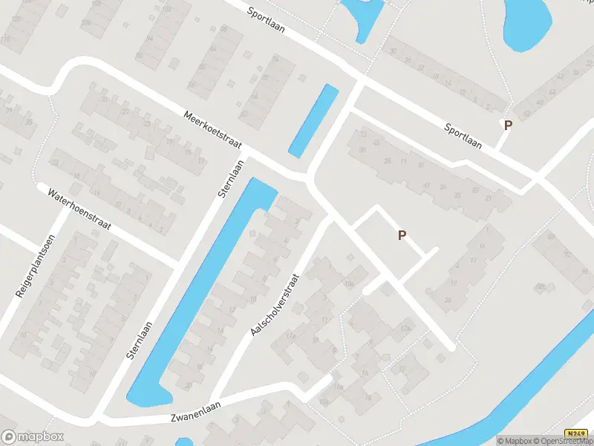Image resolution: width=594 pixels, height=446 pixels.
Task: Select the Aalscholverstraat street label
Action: (x=274, y=303)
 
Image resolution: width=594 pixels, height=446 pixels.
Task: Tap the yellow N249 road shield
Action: (x=575, y=433)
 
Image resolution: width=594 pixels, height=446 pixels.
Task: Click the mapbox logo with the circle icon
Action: (x=33, y=437)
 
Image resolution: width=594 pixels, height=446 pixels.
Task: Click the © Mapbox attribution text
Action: (x=515, y=441)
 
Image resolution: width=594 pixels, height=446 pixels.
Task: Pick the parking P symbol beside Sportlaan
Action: (x=508, y=126)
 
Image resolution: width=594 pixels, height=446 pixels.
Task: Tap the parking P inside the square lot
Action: (x=402, y=236)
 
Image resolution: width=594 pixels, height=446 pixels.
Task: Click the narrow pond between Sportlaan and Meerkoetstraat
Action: (x=313, y=120)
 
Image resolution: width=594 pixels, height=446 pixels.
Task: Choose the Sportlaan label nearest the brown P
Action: (x=463, y=137)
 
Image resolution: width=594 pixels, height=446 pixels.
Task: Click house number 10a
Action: (x=349, y=284)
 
